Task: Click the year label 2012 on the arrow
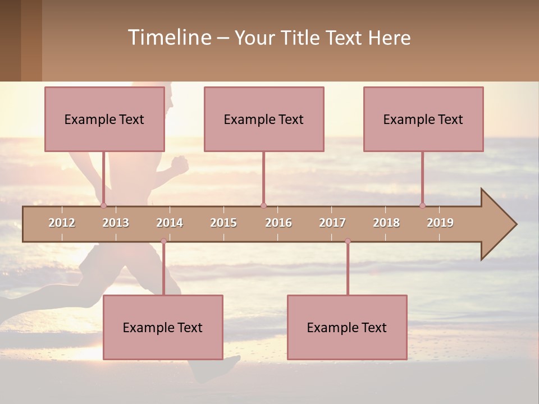[62, 223]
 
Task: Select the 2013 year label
[116, 223]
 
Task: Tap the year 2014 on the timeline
[170, 223]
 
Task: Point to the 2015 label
[223, 223]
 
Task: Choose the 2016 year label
[278, 223]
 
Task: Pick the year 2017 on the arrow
[332, 223]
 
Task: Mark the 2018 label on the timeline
[386, 223]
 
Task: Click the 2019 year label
[440, 223]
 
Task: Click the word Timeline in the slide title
[168, 38]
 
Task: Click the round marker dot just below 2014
[163, 241]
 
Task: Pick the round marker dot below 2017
[348, 241]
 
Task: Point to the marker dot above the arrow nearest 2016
[263, 205]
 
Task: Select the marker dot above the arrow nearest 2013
[103, 205]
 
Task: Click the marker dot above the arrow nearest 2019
[422, 205]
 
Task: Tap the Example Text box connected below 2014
[163, 327]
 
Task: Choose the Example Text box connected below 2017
[347, 327]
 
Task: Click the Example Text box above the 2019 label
[423, 119]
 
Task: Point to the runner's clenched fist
[180, 164]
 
